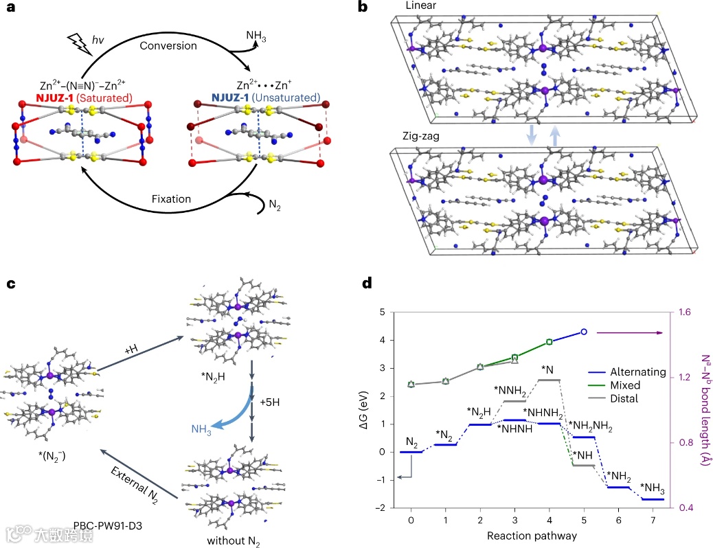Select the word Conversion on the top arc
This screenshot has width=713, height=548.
[168, 46]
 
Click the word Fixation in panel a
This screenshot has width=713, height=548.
[171, 199]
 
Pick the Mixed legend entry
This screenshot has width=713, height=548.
[616, 385]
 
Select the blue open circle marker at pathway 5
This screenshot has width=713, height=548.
[583, 332]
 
